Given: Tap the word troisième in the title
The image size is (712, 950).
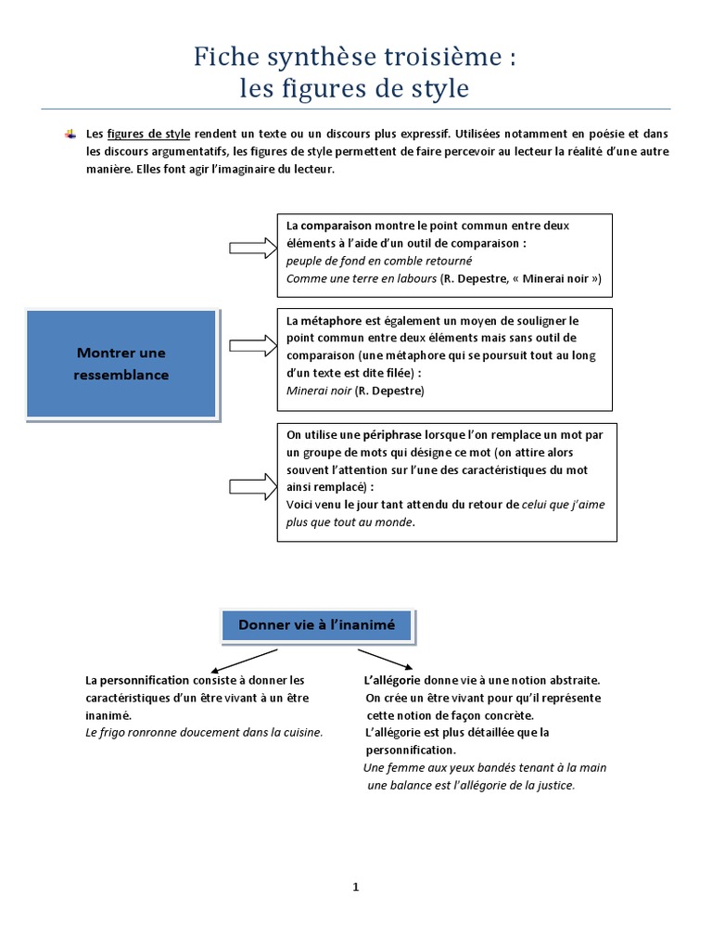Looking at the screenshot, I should coord(433,58).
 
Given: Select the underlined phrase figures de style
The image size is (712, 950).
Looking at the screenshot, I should coord(148,135).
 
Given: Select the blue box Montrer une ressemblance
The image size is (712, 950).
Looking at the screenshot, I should coord(122,364).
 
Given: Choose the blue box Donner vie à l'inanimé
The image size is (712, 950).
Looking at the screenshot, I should coord(317,625).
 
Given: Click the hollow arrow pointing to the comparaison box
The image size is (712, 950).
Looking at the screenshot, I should coord(251,247).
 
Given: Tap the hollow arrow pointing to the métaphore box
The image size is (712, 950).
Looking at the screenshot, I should coord(251,346).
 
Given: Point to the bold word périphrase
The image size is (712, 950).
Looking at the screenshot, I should coord(368,434).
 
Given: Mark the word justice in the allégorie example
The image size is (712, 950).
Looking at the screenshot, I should coord(553,785).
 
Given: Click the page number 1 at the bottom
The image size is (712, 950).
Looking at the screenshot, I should coord(355,887).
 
